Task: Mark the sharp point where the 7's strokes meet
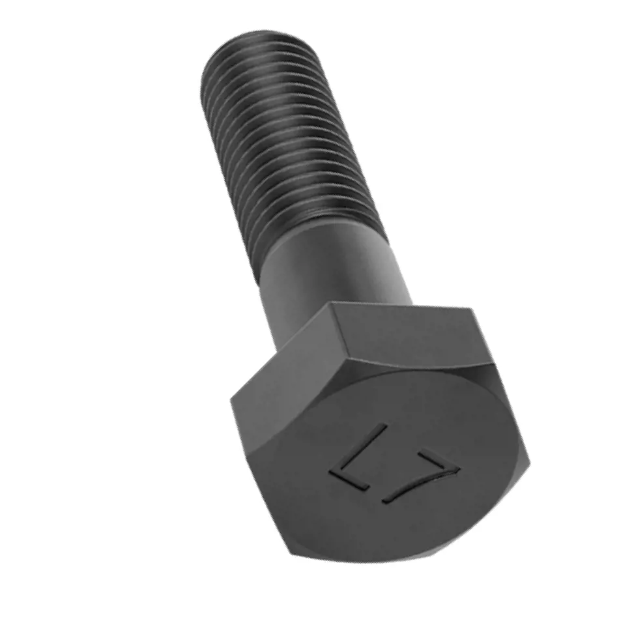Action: pyautogui.click(x=459, y=469)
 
